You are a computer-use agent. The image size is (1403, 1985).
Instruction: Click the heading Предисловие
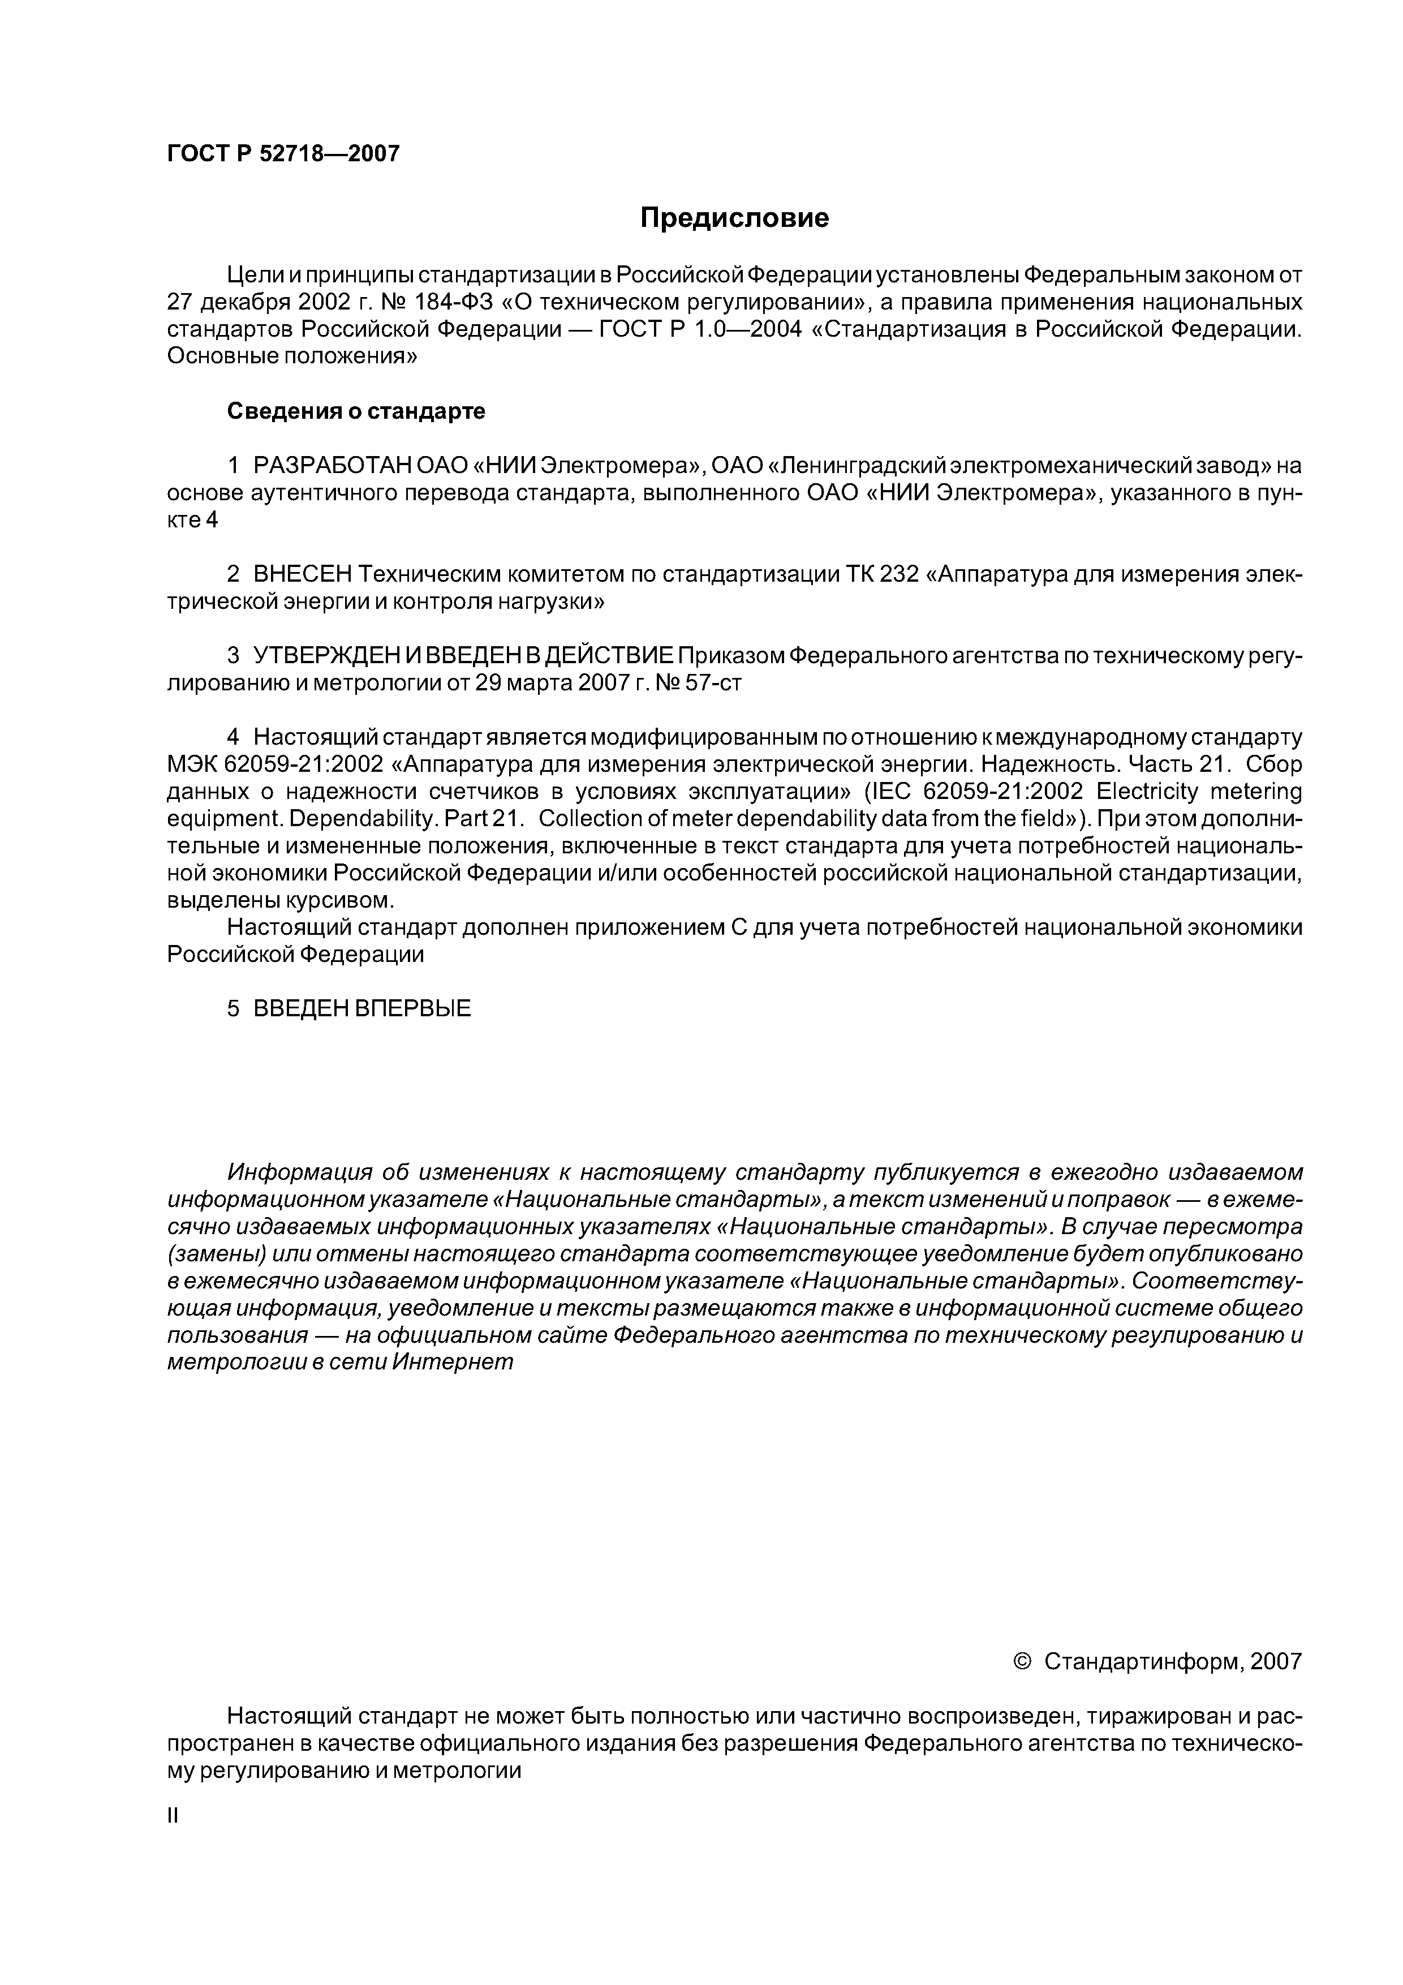[x=734, y=218]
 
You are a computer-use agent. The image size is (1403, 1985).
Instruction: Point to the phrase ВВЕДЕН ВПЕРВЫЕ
[x=361, y=1009]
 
